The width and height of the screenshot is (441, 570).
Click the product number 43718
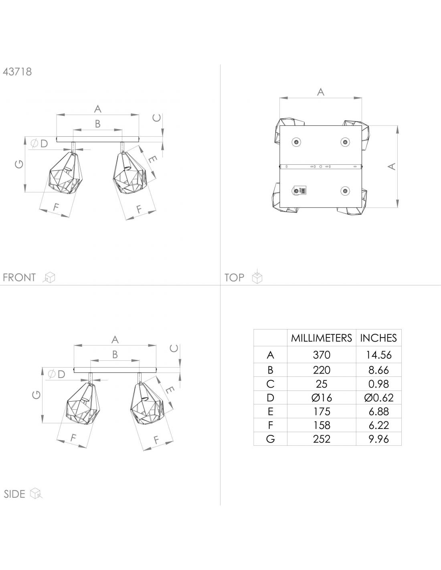click(x=17, y=72)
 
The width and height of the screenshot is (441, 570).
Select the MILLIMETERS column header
click(x=322, y=338)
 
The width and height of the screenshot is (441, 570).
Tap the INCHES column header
click(x=378, y=338)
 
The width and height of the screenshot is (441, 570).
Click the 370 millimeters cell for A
click(x=322, y=355)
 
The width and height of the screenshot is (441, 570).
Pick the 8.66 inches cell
click(x=378, y=370)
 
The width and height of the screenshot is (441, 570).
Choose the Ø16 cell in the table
click(x=322, y=398)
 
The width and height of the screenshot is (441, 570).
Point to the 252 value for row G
click(x=322, y=439)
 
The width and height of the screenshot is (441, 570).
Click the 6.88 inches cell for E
click(x=378, y=412)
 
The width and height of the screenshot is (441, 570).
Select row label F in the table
click(x=271, y=425)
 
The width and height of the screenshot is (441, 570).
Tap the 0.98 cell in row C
click(x=378, y=384)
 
